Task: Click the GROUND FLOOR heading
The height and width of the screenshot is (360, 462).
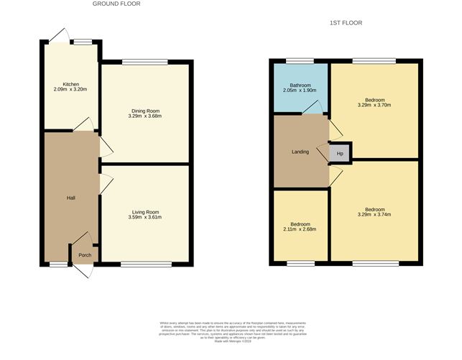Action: click(x=116, y=4)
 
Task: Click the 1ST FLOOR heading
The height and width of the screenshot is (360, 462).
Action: click(x=346, y=23)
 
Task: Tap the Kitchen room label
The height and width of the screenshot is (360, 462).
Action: click(x=70, y=85)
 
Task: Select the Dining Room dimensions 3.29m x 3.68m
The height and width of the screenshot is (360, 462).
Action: click(x=144, y=116)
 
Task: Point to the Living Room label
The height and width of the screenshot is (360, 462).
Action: click(x=144, y=212)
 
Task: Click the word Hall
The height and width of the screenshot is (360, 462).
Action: click(x=71, y=198)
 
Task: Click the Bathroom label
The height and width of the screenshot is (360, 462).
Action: click(x=290, y=86)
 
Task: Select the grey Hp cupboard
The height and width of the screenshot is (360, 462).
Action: click(x=339, y=154)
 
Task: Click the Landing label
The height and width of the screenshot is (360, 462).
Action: click(x=300, y=152)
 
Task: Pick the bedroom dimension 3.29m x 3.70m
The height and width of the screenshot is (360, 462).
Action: click(x=374, y=105)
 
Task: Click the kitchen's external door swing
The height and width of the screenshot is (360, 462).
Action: click(x=59, y=34)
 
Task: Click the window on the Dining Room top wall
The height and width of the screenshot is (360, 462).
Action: click(x=144, y=63)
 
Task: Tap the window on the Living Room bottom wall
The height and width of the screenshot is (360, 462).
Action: click(x=146, y=264)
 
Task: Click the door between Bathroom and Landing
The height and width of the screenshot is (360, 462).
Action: click(x=311, y=108)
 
